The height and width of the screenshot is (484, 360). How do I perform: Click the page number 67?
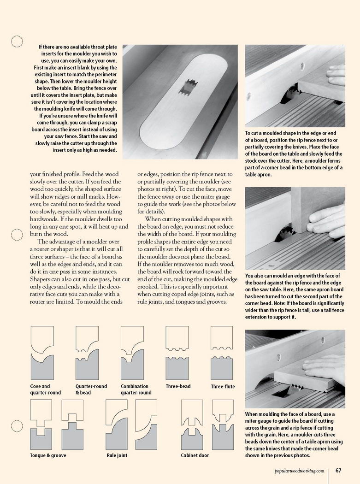[338, 471]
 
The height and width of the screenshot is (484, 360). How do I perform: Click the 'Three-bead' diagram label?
[178, 386]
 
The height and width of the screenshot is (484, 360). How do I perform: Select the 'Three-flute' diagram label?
[223, 386]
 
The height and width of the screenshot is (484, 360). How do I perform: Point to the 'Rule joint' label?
[117, 455]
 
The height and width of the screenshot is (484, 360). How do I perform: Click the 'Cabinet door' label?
[195, 455]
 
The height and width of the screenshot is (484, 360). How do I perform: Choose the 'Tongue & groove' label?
[48, 455]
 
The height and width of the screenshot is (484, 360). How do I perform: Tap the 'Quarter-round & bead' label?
[91, 390]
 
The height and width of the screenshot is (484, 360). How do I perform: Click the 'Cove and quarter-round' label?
[45, 390]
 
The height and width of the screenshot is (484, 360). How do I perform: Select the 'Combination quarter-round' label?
[136, 390]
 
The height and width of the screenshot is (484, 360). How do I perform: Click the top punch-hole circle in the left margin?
[17, 41]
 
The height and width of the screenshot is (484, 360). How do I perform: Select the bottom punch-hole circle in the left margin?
[17, 426]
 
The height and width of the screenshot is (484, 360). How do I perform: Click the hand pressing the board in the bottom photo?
[325, 364]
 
